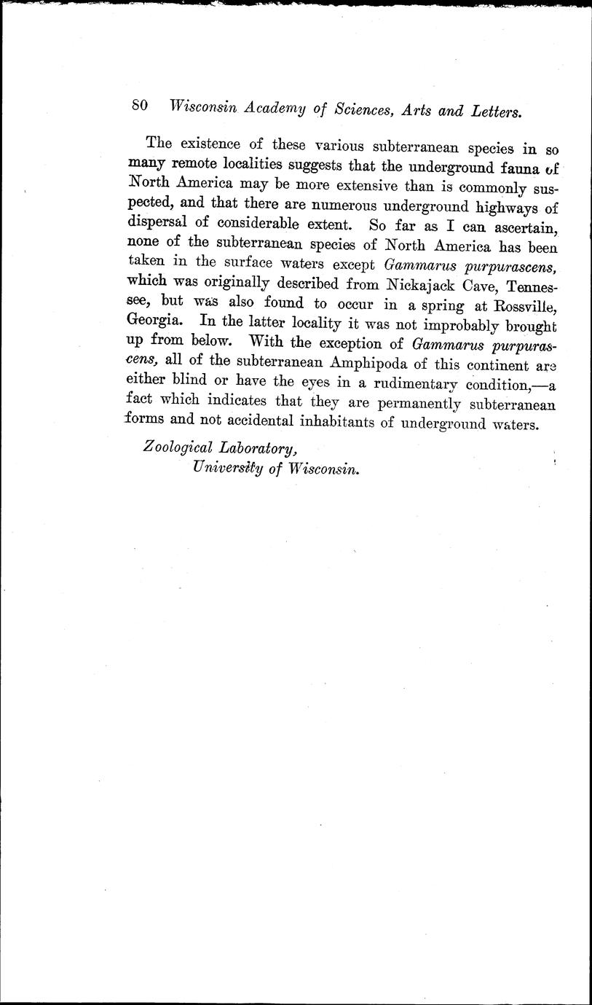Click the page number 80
(141, 106)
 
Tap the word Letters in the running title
(496, 112)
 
